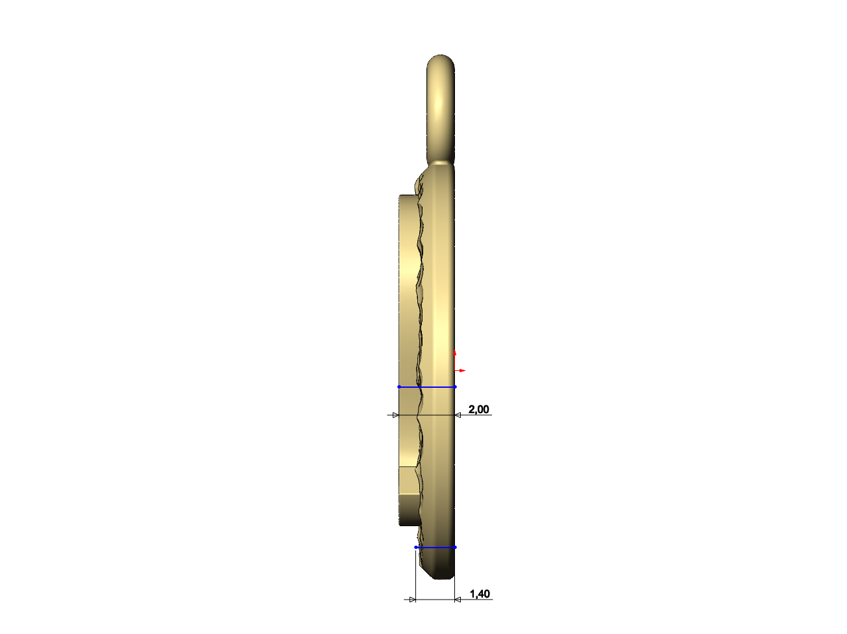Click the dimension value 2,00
coord(478,409)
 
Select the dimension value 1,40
coord(480,594)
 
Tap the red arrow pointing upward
coord(454,359)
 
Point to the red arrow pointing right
coord(460,370)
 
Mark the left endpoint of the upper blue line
coord(399,387)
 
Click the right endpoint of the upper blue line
coord(455,387)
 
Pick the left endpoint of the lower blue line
coord(415,547)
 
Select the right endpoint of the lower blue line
coord(455,547)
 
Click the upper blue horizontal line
coord(427,387)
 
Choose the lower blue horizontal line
coord(436,547)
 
